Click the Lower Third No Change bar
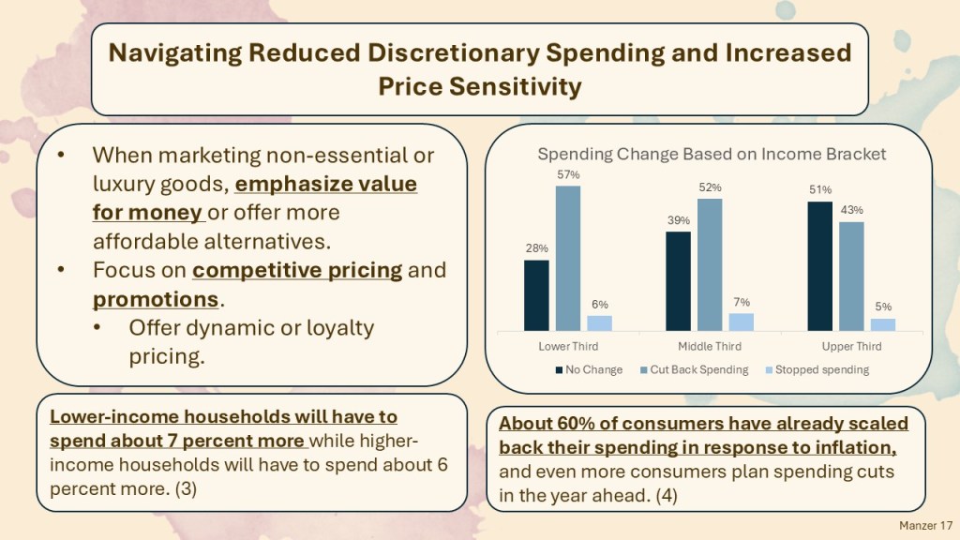(536, 295)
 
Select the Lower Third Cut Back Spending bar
(568, 258)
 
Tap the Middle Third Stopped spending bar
(741, 322)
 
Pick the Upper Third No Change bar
(820, 266)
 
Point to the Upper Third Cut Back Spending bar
(851, 277)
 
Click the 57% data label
(568, 175)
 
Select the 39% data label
(679, 220)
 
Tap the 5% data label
(883, 307)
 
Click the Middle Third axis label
(710, 347)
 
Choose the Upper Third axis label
(850, 347)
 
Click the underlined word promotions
(156, 300)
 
